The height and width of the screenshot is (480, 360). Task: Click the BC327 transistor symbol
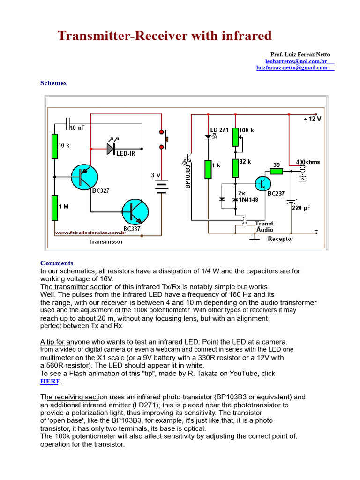[x=84, y=177]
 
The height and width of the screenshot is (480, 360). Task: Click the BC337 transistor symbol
[x=135, y=211]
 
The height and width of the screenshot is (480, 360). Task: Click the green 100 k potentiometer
[x=235, y=136]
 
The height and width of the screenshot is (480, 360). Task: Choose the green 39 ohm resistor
[x=276, y=171]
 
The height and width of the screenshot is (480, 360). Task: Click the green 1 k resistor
[x=208, y=169]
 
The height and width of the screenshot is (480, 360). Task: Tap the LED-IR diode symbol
[x=111, y=149]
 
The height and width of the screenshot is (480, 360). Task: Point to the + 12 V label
[x=313, y=119]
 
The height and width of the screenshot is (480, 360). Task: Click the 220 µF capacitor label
[x=301, y=208]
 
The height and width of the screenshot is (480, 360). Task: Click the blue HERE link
[x=50, y=382]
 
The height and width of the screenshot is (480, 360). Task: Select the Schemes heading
[x=53, y=83]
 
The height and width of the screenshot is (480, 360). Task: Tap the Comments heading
[x=57, y=263]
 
